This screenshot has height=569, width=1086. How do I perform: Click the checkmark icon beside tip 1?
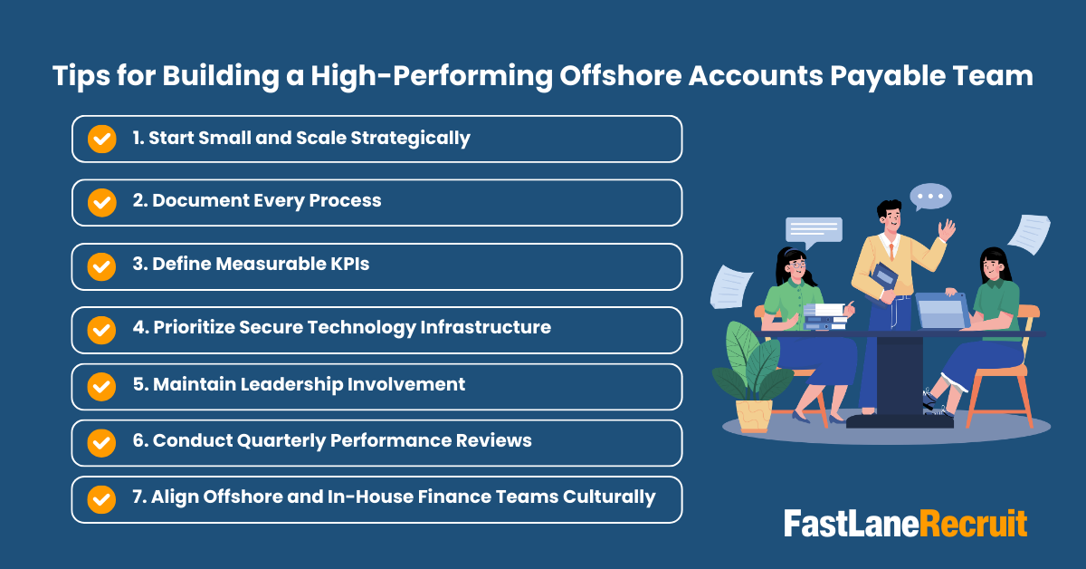click(101, 139)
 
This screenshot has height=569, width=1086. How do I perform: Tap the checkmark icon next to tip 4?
click(101, 328)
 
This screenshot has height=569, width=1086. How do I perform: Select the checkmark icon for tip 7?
click(101, 497)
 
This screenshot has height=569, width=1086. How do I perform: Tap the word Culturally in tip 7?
click(608, 497)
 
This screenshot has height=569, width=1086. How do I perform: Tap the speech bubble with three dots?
click(929, 196)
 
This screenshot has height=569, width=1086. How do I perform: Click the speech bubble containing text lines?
click(813, 231)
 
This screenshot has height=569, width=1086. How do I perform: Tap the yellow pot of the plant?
click(754, 414)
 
